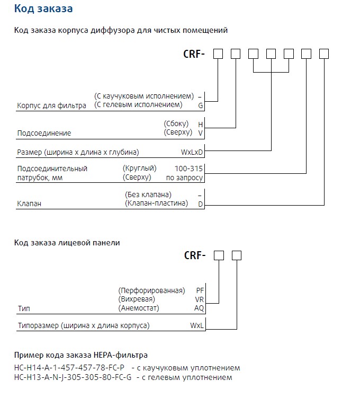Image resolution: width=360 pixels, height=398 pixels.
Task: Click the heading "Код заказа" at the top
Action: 43,9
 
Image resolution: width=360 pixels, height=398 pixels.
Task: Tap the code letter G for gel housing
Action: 201,105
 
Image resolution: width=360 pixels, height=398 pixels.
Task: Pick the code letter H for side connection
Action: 200,124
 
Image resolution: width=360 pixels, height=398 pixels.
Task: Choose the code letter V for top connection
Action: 200,132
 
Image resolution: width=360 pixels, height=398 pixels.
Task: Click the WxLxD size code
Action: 192,152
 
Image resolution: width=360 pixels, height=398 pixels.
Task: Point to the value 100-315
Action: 192,169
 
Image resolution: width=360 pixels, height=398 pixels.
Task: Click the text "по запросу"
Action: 185,178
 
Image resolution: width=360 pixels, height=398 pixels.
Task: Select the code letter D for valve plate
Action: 201,204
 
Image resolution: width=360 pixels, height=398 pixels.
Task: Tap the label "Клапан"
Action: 29,203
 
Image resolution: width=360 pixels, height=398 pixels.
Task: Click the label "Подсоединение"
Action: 44,133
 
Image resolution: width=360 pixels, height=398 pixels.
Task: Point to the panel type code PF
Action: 200,290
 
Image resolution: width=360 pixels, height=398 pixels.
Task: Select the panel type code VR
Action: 200,299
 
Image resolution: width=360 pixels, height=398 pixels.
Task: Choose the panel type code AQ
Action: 200,308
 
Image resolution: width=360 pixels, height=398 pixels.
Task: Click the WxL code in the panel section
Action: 197,326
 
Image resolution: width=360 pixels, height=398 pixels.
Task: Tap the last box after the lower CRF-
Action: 237,255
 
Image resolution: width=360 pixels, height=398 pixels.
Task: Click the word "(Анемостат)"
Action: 139,308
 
